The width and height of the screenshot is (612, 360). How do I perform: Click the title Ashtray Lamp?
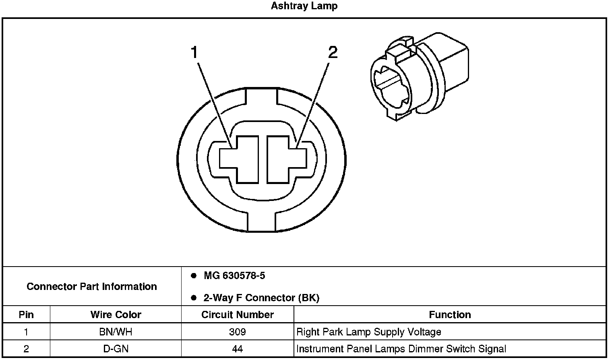(x=304, y=6)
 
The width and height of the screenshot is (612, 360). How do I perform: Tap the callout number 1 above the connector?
(x=194, y=52)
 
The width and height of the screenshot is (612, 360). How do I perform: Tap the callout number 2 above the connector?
(x=333, y=52)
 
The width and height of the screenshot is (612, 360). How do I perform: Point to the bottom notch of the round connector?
(x=261, y=221)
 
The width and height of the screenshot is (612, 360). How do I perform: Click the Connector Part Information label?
(x=92, y=287)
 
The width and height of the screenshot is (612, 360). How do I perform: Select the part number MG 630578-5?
(x=234, y=276)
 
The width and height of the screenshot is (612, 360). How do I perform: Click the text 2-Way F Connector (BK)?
(x=261, y=298)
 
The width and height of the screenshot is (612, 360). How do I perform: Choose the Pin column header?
(x=26, y=314)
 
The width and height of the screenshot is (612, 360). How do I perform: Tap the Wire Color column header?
(x=116, y=314)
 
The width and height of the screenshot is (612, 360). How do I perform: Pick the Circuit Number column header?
(x=238, y=314)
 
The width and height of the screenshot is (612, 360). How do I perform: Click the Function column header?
(x=450, y=314)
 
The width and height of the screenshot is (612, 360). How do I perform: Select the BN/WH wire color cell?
(x=116, y=332)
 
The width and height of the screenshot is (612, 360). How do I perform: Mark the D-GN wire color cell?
(x=116, y=349)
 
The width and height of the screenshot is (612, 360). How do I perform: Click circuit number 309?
(x=238, y=332)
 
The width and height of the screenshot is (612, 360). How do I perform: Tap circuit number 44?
(x=238, y=349)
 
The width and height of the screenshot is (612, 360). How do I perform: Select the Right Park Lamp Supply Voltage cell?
(x=369, y=332)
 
